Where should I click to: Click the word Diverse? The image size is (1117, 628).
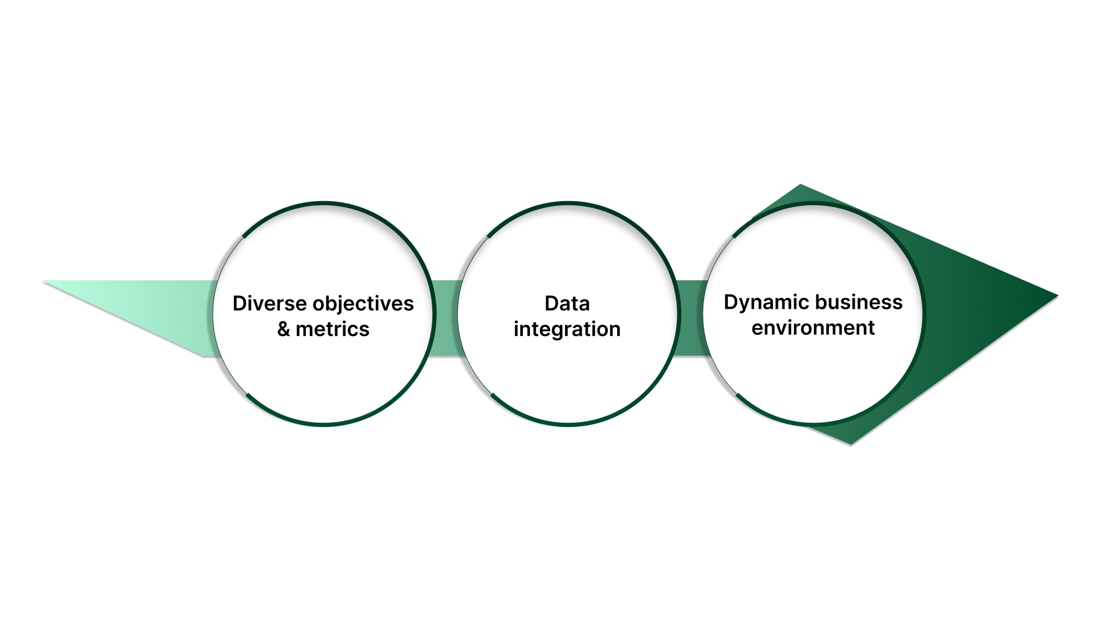click(x=270, y=304)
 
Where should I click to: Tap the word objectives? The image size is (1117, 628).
click(x=363, y=304)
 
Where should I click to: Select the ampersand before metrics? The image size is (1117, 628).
click(x=283, y=330)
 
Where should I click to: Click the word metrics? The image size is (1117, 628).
click(x=332, y=330)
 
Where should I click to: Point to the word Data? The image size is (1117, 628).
click(x=567, y=304)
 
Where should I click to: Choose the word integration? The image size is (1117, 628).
click(x=567, y=330)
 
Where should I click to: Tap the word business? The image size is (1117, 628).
click(x=859, y=302)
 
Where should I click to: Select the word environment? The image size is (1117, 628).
click(x=813, y=328)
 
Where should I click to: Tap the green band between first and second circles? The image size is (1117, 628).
click(x=446, y=318)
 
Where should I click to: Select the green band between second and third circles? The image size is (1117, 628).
click(x=691, y=318)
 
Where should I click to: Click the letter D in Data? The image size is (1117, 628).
click(x=551, y=304)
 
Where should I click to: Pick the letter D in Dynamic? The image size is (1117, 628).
click(x=731, y=302)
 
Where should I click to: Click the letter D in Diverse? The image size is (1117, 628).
click(x=240, y=304)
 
